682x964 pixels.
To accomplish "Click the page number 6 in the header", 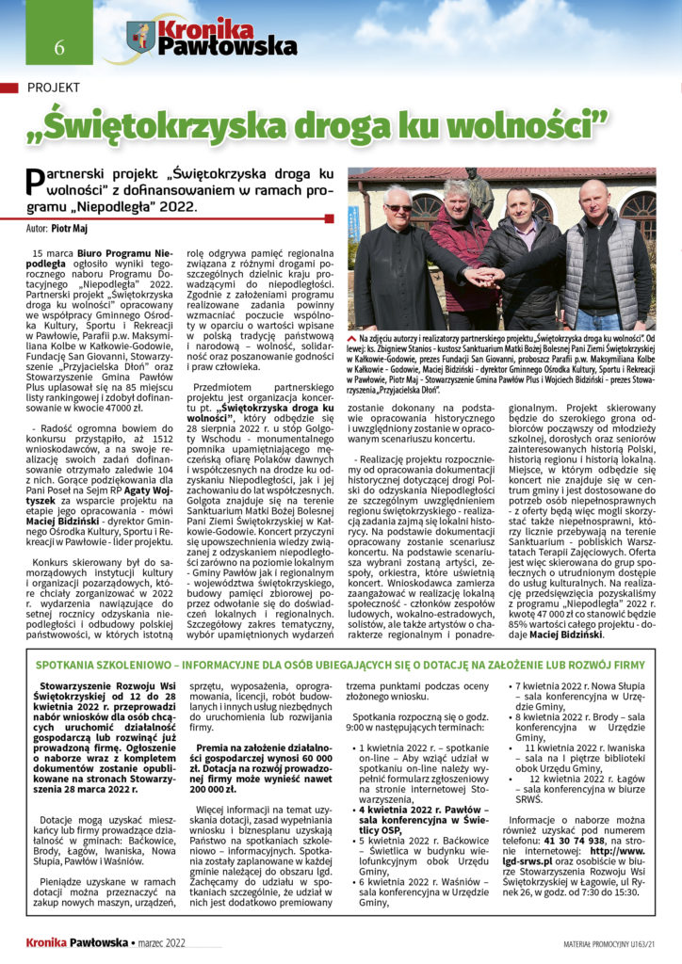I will point(58,47).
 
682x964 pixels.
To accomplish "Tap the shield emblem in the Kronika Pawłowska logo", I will point(141,38).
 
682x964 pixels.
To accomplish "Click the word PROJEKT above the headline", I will point(54,88).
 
